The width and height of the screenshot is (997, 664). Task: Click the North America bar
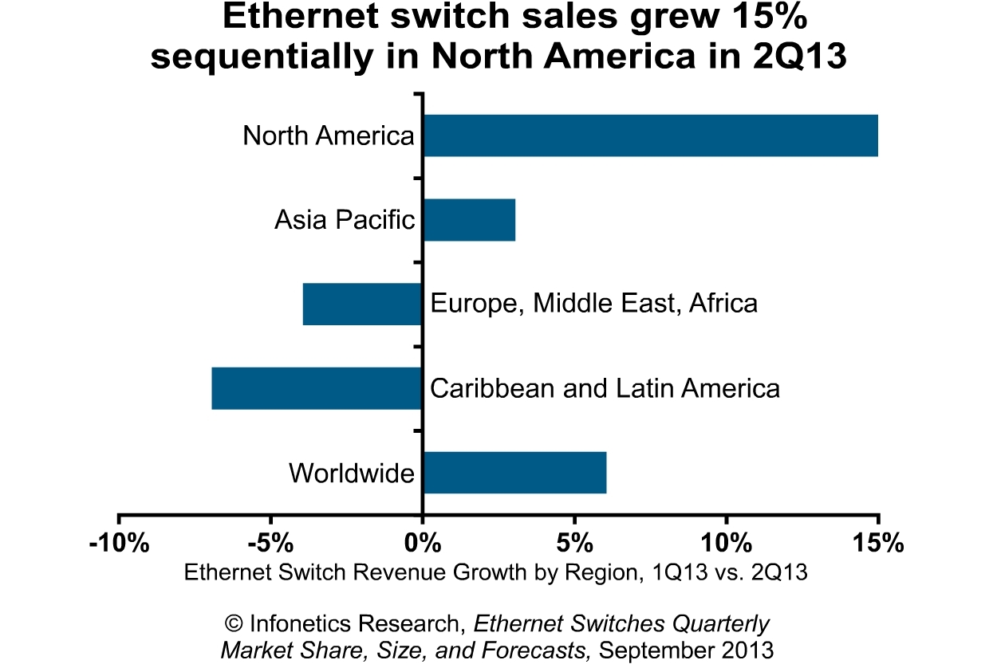[650, 136]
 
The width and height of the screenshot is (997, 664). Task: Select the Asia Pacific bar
[469, 219]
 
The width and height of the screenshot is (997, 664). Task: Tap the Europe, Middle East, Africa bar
[362, 304]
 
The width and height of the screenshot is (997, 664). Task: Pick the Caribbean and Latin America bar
[317, 388]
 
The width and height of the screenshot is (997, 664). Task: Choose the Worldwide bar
[514, 473]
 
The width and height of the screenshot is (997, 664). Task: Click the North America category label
[329, 136]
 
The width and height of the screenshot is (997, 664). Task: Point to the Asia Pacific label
[345, 219]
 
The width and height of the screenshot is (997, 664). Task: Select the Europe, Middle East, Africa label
[593, 304]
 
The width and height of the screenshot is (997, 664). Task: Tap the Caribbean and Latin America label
[605, 388]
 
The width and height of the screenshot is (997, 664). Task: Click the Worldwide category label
[352, 473]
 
